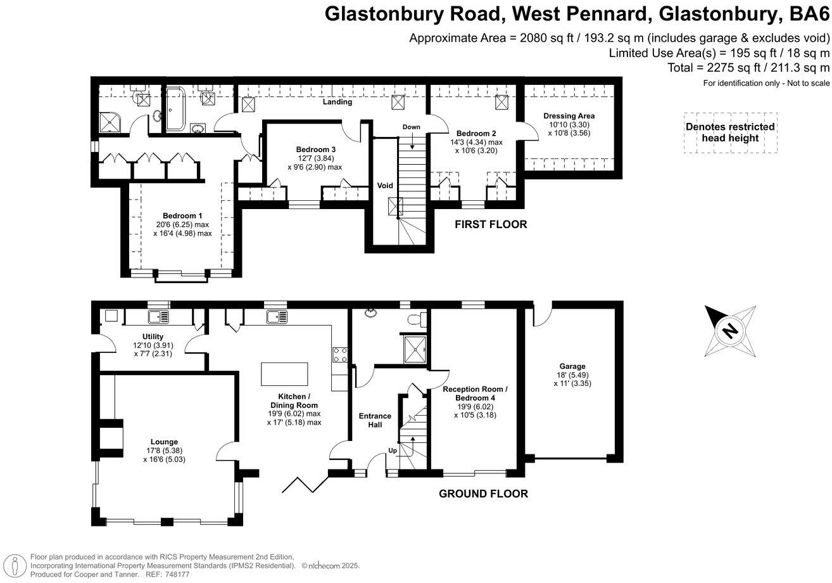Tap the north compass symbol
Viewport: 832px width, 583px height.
click(731, 330)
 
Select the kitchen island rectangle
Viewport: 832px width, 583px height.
click(284, 373)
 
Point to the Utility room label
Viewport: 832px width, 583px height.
click(153, 336)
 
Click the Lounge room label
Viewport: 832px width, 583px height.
click(164, 442)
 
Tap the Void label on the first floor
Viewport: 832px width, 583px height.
click(385, 186)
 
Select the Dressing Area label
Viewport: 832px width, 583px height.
click(569, 116)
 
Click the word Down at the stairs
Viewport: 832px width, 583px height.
click(412, 127)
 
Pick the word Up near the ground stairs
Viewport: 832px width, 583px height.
click(393, 451)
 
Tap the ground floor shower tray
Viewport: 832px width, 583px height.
click(416, 346)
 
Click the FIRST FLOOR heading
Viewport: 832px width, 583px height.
click(491, 224)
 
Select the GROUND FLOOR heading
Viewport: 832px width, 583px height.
click(483, 494)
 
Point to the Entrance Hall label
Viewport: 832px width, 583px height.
click(375, 420)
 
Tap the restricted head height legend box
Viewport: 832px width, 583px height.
click(730, 132)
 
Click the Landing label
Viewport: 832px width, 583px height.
click(337, 101)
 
